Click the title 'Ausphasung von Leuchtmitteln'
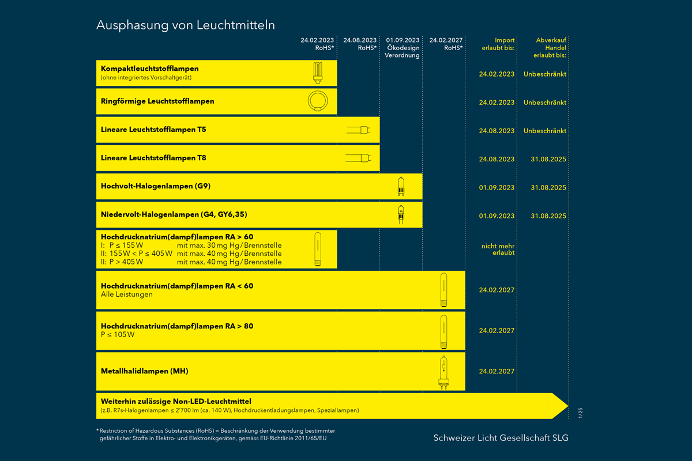185,25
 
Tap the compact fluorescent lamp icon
317,73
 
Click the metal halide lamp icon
443,372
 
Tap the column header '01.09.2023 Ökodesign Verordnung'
403,48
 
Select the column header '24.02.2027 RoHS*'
445,44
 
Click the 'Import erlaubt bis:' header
497,44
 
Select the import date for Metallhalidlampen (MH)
497,372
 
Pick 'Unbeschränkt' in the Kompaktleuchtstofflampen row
545,74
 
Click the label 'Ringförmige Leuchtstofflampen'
157,101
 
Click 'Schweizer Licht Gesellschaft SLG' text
501,438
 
